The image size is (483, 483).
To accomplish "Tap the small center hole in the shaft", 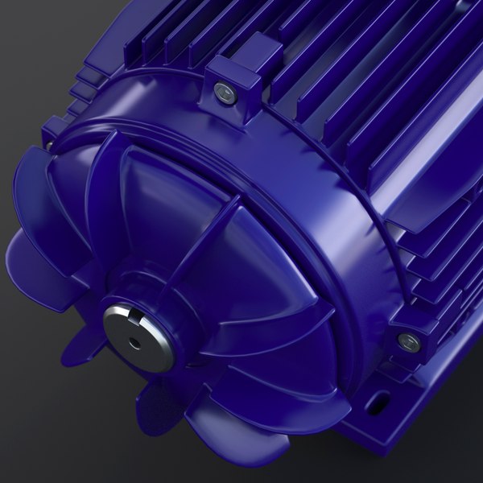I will (x=134, y=342).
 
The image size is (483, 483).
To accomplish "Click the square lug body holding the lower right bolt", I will (x=419, y=326).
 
